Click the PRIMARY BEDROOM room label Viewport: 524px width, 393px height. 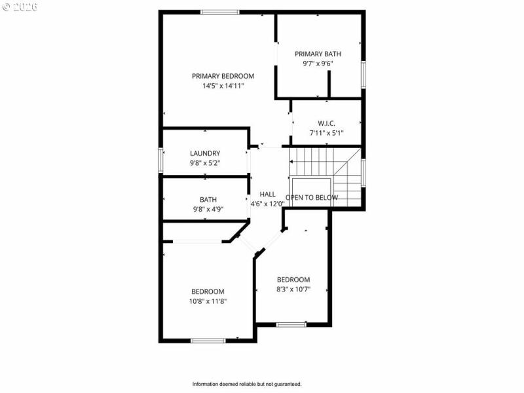pos(223,76)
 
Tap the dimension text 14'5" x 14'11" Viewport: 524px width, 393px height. pos(223,86)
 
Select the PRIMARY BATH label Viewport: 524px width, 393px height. pos(318,54)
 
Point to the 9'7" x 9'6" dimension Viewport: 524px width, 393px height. pos(318,64)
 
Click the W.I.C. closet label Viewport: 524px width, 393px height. pos(327,123)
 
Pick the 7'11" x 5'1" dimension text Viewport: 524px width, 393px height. pos(327,133)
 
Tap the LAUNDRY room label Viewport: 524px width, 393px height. pos(205,153)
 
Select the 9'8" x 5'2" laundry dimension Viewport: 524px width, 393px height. pos(205,163)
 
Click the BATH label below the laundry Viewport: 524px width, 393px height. pos(208,200)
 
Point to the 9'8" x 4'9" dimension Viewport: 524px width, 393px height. pos(208,210)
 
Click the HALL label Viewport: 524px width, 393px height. pos(267,194)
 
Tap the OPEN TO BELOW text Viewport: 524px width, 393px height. pos(312,197)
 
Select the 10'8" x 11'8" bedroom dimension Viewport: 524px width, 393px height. pos(208,301)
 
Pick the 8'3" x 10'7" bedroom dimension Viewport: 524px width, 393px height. pos(293,289)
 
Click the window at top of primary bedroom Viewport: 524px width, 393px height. pos(219,12)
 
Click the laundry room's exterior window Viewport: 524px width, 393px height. pos(160,160)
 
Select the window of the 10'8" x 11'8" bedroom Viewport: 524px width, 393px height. pos(208,341)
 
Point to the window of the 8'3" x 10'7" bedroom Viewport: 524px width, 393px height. pos(291,324)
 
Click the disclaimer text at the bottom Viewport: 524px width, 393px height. pos(247,384)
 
